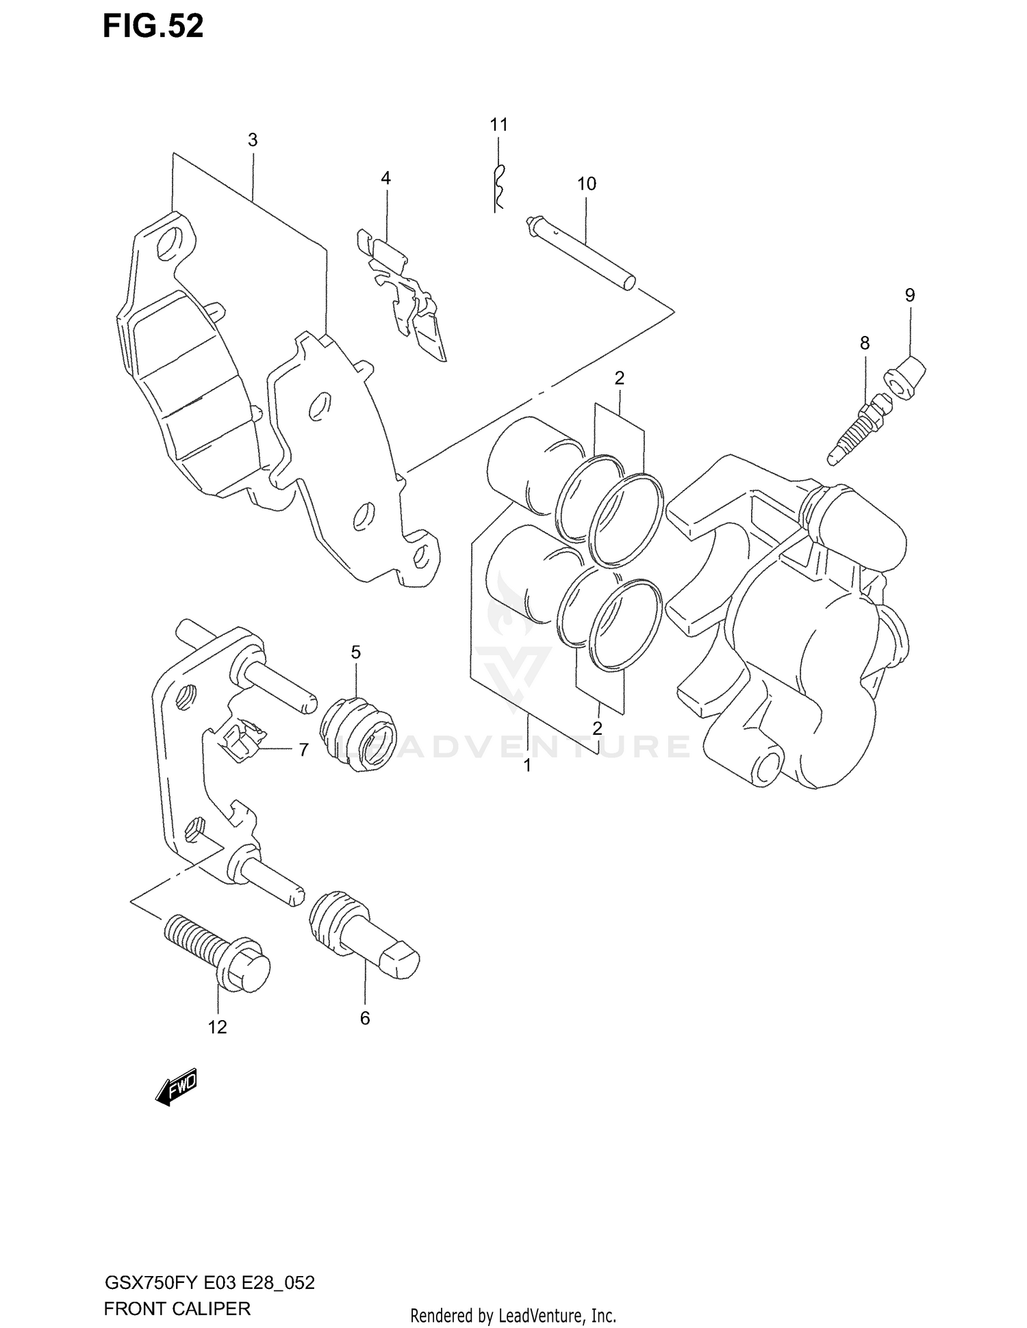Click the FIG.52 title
tap(153, 27)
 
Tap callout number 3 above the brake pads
tap(253, 140)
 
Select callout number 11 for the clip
tap(498, 125)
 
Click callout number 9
tap(909, 295)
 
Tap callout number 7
tap(303, 750)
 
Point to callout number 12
tap(217, 1028)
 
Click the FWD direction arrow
tap(177, 1086)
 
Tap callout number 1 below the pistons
tap(527, 766)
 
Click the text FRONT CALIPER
tap(177, 1308)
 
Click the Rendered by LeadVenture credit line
tap(513, 1315)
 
